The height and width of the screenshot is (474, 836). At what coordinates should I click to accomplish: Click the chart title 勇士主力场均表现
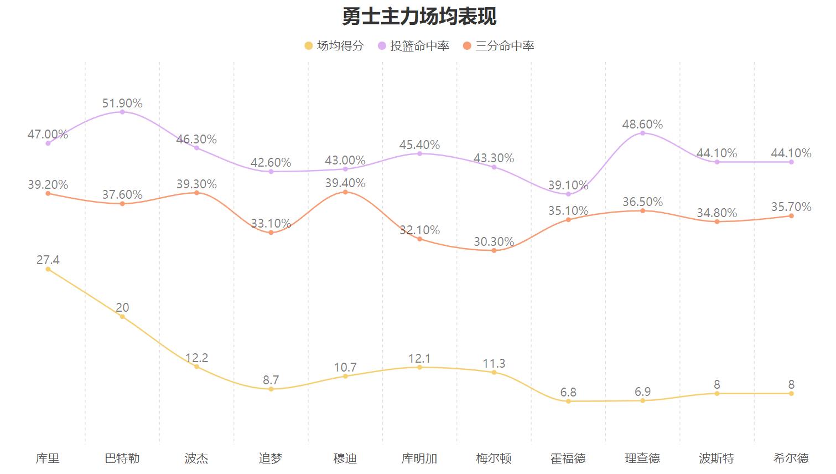coord(419,16)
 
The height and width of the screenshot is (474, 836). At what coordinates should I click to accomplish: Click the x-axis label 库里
coord(48,458)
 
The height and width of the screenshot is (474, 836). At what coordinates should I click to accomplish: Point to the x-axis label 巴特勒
coord(122,458)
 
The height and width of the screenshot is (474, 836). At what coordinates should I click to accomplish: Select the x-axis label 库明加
coord(419,458)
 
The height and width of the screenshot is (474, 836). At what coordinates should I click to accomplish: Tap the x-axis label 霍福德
coord(568,458)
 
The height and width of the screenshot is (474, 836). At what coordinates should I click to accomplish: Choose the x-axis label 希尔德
coord(791,458)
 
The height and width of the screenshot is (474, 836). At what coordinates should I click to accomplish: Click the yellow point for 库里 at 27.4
coord(48,269)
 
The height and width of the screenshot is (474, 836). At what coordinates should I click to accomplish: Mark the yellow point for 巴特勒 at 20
coord(122,316)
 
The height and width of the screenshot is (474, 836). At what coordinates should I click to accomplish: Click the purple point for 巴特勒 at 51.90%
coord(122,112)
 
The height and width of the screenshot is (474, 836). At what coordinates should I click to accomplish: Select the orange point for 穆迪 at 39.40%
coord(345,192)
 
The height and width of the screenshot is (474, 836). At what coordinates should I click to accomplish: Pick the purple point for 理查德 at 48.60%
coord(642,133)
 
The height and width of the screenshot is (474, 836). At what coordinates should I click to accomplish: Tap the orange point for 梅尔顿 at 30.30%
coord(494,250)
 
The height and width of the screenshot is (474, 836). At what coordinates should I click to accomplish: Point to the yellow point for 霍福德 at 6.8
coord(568,401)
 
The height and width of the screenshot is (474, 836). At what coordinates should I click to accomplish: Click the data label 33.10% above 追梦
coord(271,224)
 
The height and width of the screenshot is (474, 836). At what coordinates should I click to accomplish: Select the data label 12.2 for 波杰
coord(196,358)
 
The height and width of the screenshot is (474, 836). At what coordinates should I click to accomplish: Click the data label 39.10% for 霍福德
coord(568,186)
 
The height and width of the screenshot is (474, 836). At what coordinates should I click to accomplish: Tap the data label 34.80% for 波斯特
coord(716,213)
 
